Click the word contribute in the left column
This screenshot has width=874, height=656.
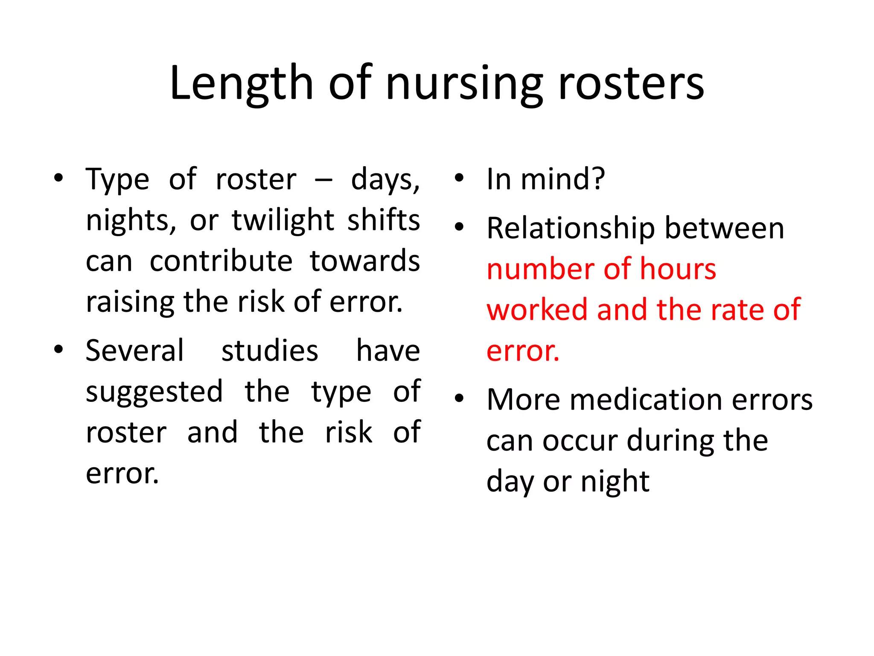coord(221,261)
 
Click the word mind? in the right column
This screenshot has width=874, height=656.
coord(563,179)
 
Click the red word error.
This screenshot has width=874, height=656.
coord(522,351)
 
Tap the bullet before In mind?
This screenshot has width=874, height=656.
coord(459,178)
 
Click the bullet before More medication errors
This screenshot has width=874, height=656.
coord(459,399)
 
